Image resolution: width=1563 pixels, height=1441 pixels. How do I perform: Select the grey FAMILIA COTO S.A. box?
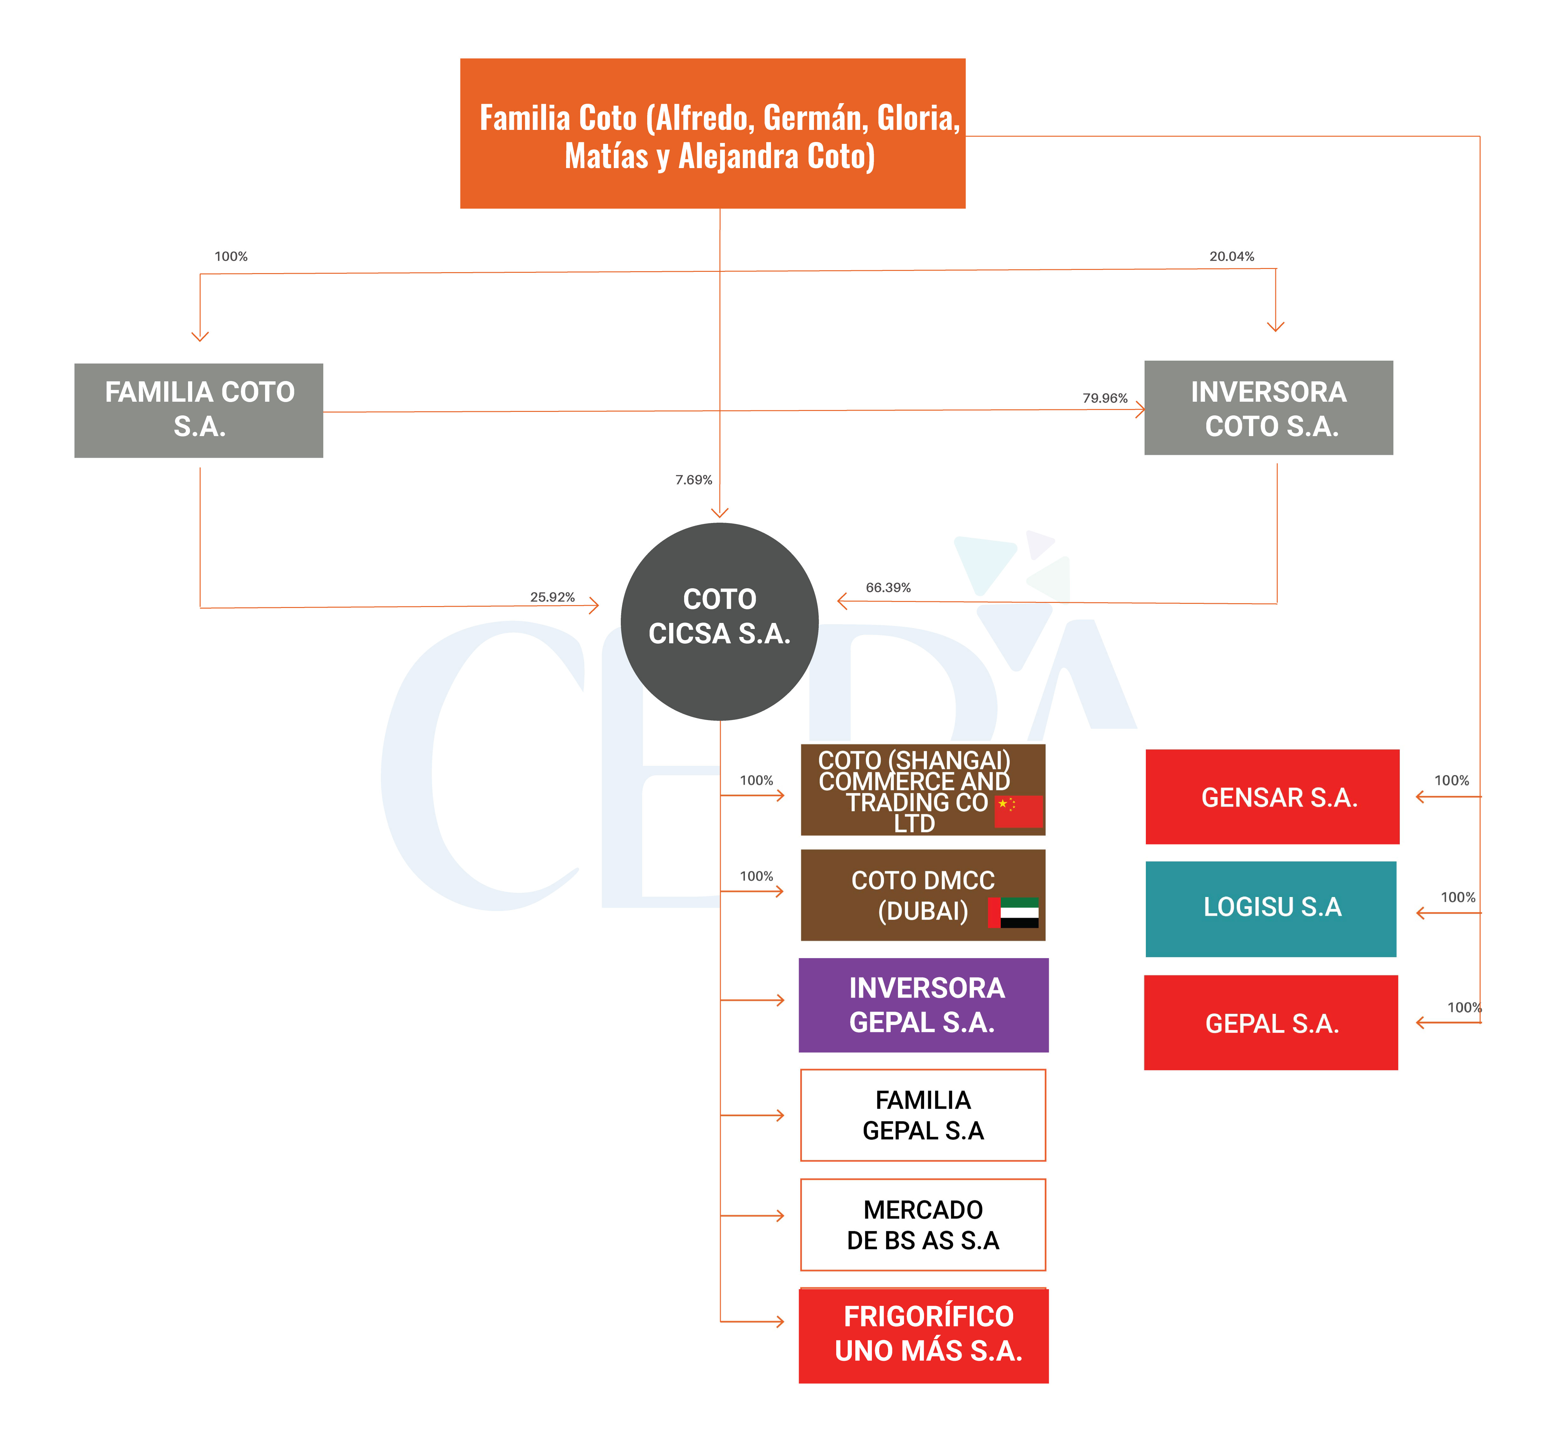pos(199,410)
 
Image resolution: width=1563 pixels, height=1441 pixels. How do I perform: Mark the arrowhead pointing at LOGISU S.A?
pos(1420,913)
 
